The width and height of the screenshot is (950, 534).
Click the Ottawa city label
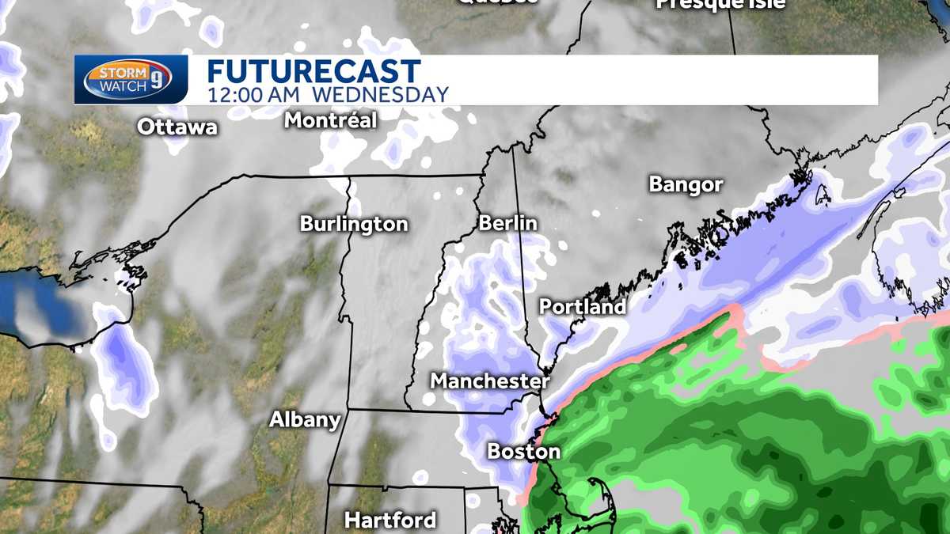click(x=177, y=127)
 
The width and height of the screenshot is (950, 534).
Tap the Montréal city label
click(x=330, y=121)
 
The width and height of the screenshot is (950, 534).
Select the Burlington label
click(x=354, y=225)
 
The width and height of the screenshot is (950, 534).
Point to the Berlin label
click(x=508, y=224)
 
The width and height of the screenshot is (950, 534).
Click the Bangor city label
click(x=686, y=185)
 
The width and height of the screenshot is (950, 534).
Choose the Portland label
click(x=583, y=307)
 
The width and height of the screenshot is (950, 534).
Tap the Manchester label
click(x=489, y=381)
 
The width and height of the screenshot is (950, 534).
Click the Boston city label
click(x=523, y=453)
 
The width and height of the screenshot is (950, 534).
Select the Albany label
click(x=305, y=420)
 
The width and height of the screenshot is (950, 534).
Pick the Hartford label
click(x=390, y=521)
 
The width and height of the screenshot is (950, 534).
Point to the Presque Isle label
click(x=720, y=4)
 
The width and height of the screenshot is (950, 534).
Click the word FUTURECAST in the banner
click(x=313, y=70)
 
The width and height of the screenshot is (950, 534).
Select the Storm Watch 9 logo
click(x=131, y=79)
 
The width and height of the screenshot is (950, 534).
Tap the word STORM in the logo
click(x=116, y=72)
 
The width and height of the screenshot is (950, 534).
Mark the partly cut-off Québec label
click(x=497, y=2)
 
